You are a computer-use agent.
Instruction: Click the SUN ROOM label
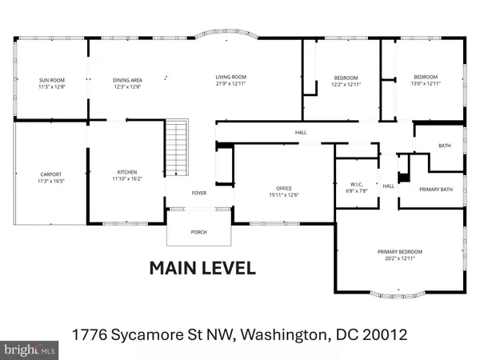(50, 80)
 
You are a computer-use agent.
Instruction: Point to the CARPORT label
(51, 174)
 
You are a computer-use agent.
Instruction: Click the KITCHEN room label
(128, 172)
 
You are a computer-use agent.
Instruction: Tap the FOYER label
(198, 193)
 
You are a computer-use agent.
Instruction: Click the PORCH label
(198, 232)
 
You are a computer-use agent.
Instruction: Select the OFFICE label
(286, 189)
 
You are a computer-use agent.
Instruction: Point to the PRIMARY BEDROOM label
(400, 252)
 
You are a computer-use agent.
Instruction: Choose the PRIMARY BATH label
(436, 189)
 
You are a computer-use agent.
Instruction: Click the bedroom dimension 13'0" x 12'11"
(425, 84)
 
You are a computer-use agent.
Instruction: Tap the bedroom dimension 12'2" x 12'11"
(347, 84)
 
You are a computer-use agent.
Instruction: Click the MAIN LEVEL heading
(202, 268)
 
